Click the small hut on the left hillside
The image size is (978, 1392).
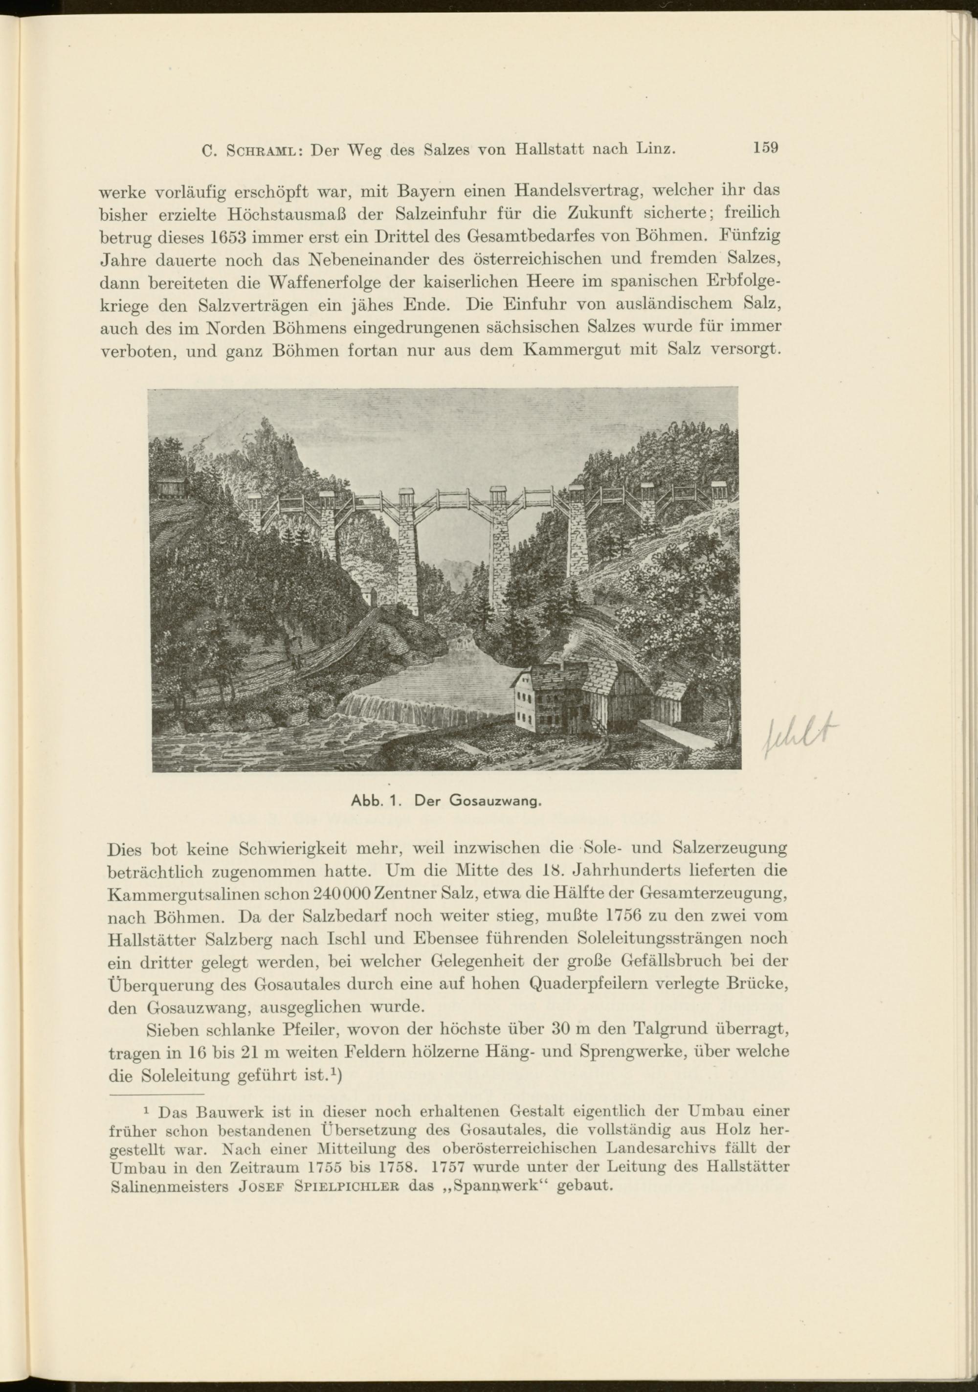(x=172, y=487)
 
